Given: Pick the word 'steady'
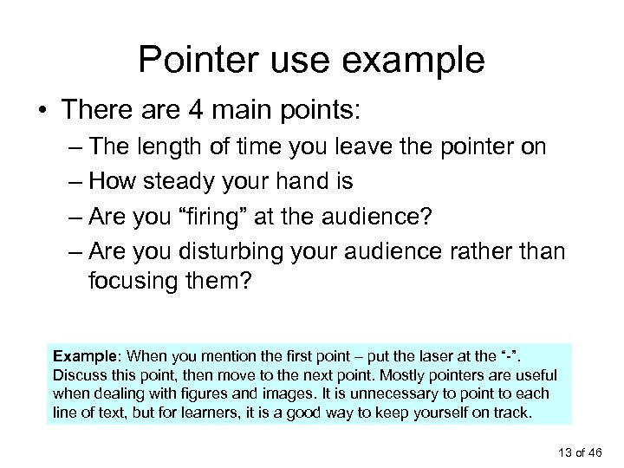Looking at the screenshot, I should coord(201,184).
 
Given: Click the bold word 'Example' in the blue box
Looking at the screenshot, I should coord(85,355).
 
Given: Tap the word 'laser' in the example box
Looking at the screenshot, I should coord(455,355).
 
